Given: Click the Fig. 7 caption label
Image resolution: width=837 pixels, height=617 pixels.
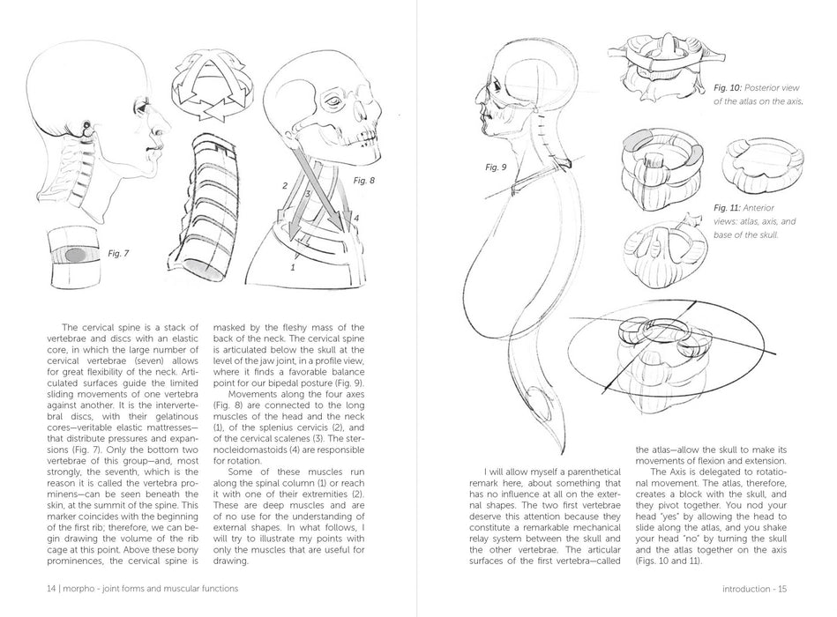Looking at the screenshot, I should (x=119, y=253).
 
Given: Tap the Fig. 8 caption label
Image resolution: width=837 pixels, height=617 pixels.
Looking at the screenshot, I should (x=364, y=180).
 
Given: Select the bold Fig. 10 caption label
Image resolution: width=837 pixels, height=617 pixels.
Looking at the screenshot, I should (x=728, y=89).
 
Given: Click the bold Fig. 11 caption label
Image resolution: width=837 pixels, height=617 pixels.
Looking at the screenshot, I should (x=728, y=208).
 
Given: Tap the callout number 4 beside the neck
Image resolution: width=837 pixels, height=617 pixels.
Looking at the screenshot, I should (x=357, y=218).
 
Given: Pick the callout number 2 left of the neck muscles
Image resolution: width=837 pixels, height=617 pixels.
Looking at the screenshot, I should (x=285, y=186).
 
